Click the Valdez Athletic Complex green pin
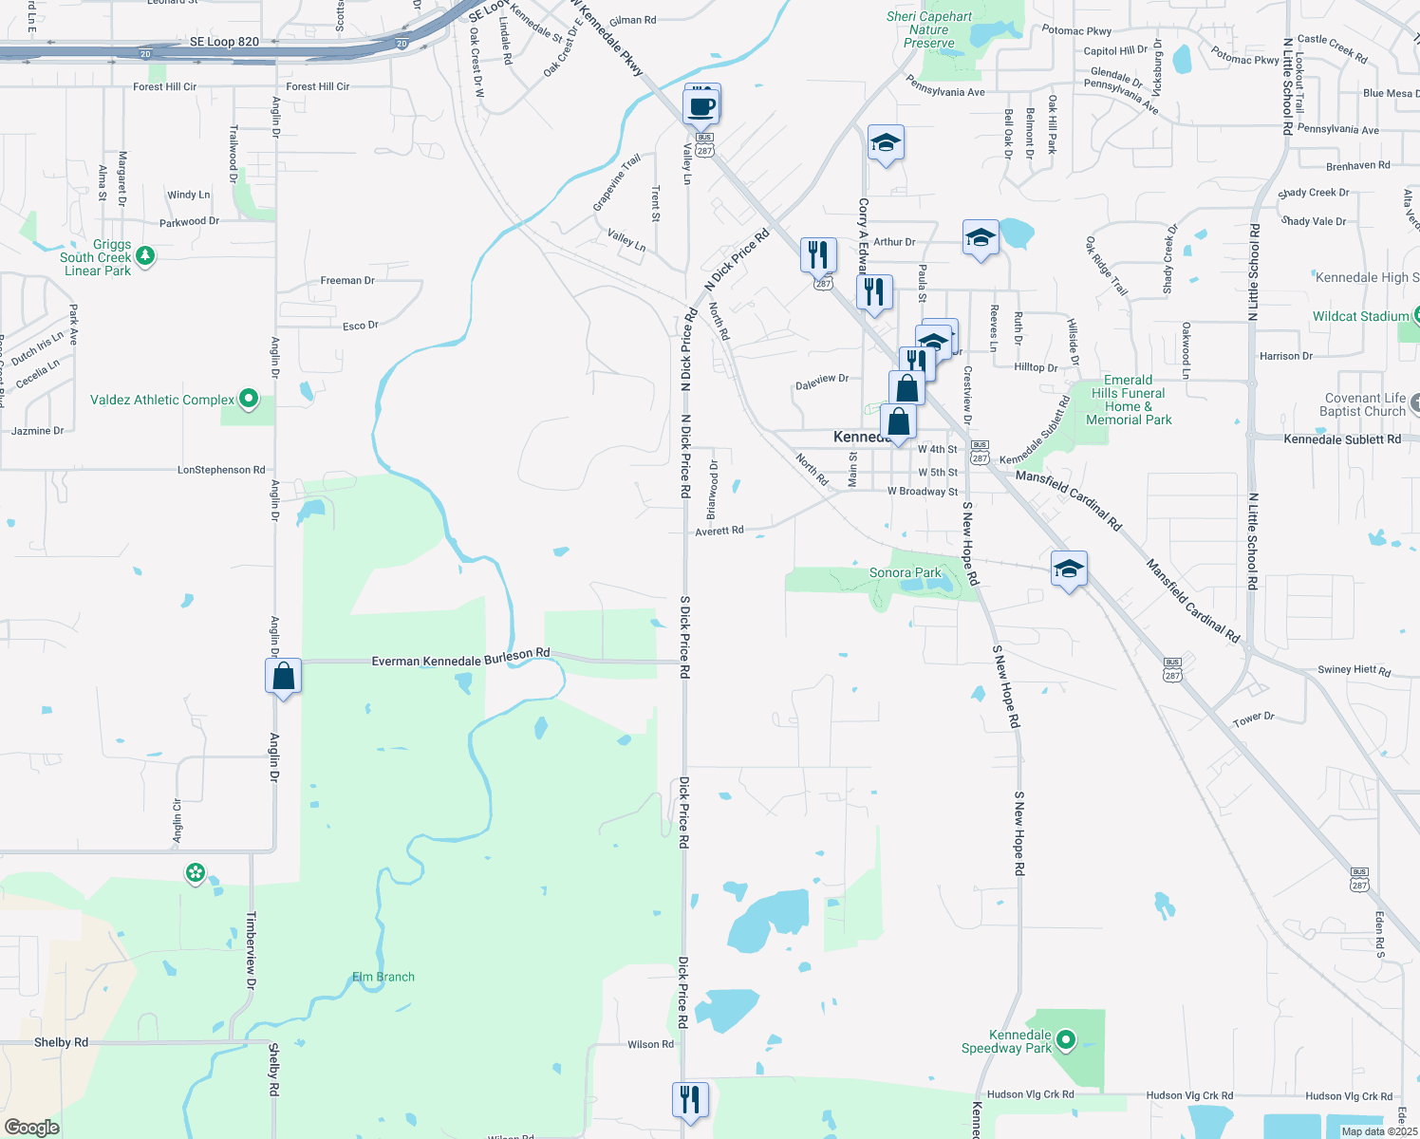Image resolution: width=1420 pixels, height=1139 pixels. pos(249,400)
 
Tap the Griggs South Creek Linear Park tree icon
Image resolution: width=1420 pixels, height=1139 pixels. pos(145,255)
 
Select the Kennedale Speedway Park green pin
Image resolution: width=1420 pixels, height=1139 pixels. pos(1066,1041)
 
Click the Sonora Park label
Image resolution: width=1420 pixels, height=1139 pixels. pos(906,572)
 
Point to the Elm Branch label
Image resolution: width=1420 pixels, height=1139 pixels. pos(383,977)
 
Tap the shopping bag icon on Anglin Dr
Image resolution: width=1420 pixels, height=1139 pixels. pos(284,676)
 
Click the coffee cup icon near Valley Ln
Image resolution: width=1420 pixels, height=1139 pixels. pos(702,106)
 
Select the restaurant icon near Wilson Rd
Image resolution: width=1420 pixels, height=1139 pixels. pos(690,1099)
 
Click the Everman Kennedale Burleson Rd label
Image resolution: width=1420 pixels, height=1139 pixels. pos(460,657)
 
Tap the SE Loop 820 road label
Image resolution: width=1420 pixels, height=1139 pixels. pos(224,42)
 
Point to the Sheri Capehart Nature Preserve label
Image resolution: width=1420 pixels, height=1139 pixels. pos(929,29)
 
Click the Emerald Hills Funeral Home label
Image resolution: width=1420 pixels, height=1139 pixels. pos(1129,400)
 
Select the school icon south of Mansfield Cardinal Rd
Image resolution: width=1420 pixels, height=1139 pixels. pos(1069,569)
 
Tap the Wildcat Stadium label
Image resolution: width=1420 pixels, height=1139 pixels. pos(1360,316)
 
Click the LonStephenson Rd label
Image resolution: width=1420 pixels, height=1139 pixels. pos(221,470)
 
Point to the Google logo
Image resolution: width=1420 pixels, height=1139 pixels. pos(32,1127)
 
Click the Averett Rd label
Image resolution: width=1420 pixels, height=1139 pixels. pos(719,532)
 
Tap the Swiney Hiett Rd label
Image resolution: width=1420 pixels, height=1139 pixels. pos(1355,670)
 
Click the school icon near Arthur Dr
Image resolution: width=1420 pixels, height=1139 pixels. pos(981,238)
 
